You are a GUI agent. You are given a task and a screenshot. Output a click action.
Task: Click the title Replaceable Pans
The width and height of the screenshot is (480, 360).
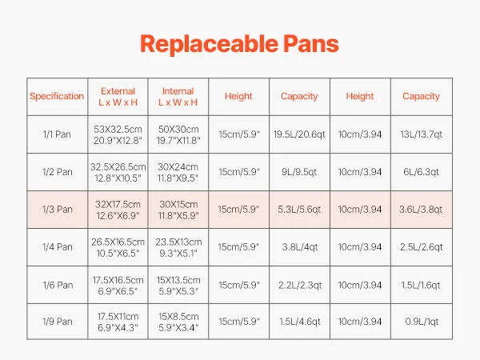[x=239, y=44]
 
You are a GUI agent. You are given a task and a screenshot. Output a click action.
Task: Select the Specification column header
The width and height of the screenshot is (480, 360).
[x=57, y=96]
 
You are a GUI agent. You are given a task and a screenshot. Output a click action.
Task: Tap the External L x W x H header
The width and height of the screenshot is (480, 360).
[x=118, y=97]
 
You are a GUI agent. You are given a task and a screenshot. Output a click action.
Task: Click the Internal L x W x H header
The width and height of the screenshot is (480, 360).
[x=178, y=97]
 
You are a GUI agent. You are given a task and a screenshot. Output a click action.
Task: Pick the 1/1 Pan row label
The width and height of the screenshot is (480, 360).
[x=57, y=134]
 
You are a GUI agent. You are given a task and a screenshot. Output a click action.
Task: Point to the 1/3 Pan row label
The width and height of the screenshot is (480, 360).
[x=58, y=210]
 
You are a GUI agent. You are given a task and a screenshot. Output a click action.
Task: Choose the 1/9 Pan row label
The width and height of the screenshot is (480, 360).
[x=58, y=322]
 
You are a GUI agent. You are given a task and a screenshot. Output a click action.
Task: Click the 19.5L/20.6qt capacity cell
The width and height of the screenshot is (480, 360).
[x=299, y=134]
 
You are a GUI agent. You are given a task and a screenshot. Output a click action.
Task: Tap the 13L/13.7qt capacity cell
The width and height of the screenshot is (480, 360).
[x=422, y=134]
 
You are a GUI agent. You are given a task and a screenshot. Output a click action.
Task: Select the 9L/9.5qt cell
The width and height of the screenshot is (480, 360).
[x=299, y=172]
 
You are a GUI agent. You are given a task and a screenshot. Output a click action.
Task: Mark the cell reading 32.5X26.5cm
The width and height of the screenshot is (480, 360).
[x=118, y=167]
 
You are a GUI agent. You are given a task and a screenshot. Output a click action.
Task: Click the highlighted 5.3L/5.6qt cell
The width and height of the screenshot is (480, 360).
[x=299, y=210]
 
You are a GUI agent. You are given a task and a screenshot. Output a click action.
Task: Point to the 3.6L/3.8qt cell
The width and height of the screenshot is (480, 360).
[x=421, y=210]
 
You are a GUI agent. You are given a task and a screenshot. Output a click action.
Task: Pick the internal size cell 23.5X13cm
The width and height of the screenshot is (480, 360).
[x=178, y=242]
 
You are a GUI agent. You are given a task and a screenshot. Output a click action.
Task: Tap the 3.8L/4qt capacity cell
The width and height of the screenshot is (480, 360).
[x=300, y=247]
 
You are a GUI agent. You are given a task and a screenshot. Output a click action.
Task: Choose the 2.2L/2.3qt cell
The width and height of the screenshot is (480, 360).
[x=300, y=286]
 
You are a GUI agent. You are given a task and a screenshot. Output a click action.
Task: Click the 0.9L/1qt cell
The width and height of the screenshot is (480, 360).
[x=422, y=322]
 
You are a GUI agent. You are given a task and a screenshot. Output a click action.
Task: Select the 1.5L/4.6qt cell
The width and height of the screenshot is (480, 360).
[x=300, y=322]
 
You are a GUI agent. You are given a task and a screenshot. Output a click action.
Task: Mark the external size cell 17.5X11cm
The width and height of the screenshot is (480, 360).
[x=118, y=317]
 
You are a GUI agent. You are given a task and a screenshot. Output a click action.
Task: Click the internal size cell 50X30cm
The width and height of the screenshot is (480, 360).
[x=178, y=129]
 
